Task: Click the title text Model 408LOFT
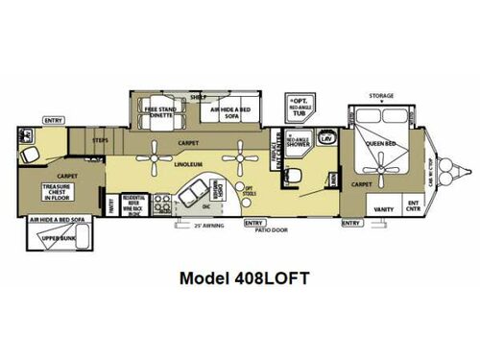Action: pyautogui.click(x=239, y=280)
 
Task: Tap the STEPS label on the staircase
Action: pyautogui.click(x=101, y=141)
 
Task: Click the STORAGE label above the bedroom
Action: pyautogui.click(x=382, y=96)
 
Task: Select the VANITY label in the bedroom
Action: pyautogui.click(x=382, y=205)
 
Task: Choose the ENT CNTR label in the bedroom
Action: pyautogui.click(x=414, y=205)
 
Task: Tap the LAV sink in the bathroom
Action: pyautogui.click(x=326, y=140)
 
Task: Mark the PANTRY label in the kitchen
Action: pyautogui.click(x=111, y=203)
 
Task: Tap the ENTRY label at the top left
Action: pyautogui.click(x=53, y=121)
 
